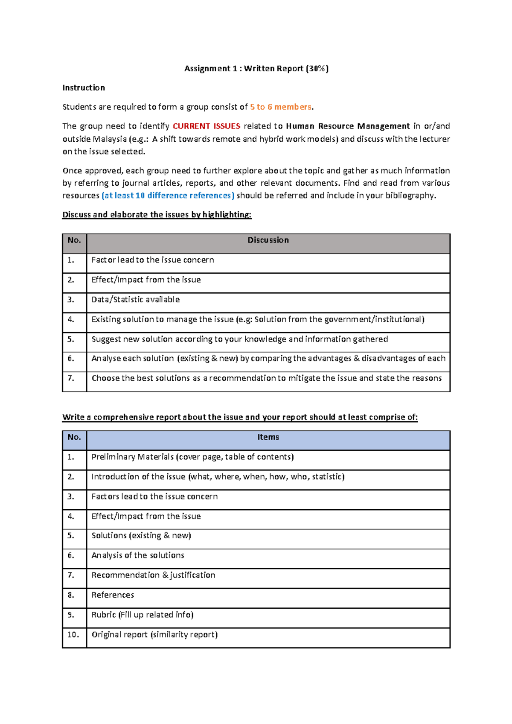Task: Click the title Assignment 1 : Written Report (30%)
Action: click(256, 68)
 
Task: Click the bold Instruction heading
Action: click(84, 88)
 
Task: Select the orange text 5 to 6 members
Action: click(280, 107)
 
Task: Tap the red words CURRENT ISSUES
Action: click(207, 126)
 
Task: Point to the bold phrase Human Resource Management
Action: click(347, 126)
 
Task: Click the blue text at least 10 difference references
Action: click(168, 196)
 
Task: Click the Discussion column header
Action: click(268, 240)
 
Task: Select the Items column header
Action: click(268, 437)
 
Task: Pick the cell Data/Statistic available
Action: click(135, 300)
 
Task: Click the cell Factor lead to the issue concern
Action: click(152, 260)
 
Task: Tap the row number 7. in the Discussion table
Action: click(71, 378)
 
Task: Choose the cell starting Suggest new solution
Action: click(239, 339)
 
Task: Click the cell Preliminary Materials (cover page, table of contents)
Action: click(192, 457)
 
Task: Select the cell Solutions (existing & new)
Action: click(141, 535)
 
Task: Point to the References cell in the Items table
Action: click(113, 595)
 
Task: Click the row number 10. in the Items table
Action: click(73, 634)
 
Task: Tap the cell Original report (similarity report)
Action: click(154, 634)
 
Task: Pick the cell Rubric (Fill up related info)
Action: click(142, 615)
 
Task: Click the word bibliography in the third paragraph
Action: click(410, 196)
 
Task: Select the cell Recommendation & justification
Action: click(153, 575)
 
